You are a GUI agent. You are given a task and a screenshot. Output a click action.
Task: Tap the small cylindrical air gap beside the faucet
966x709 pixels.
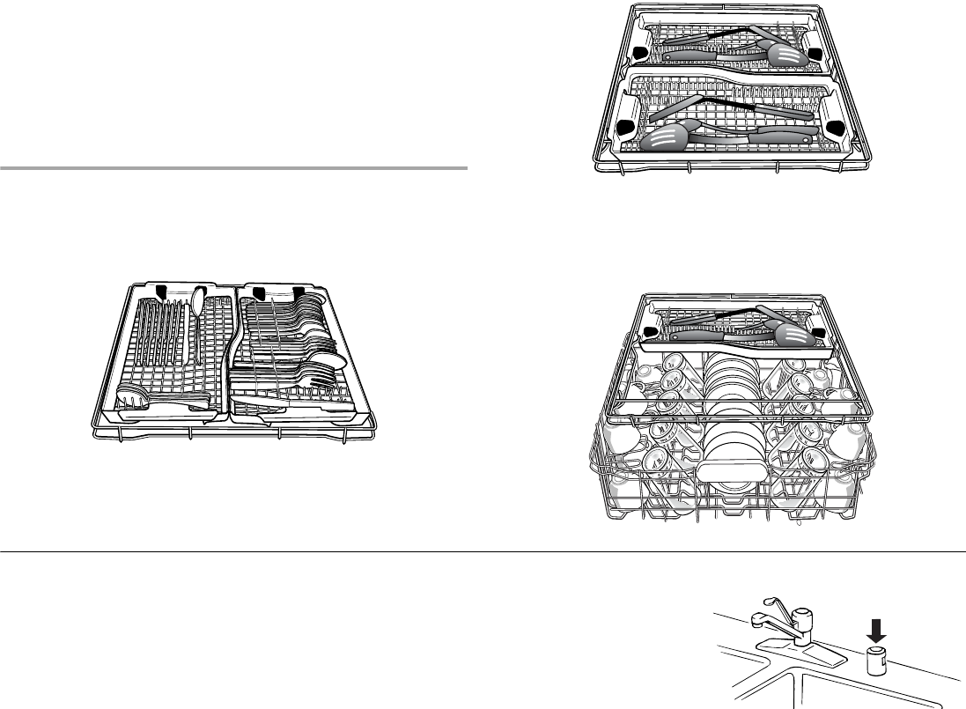[877, 661]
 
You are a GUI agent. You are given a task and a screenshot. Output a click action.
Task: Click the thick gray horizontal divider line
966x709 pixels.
[233, 166]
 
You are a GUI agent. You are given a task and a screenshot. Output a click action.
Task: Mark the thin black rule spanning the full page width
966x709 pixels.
[483, 552]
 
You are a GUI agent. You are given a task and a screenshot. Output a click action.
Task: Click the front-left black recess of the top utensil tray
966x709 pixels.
[627, 126]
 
